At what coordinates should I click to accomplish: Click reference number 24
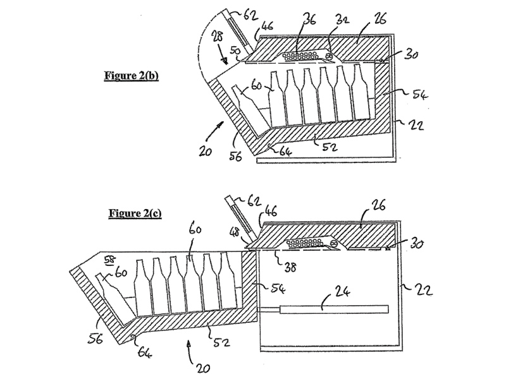click(339, 293)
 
